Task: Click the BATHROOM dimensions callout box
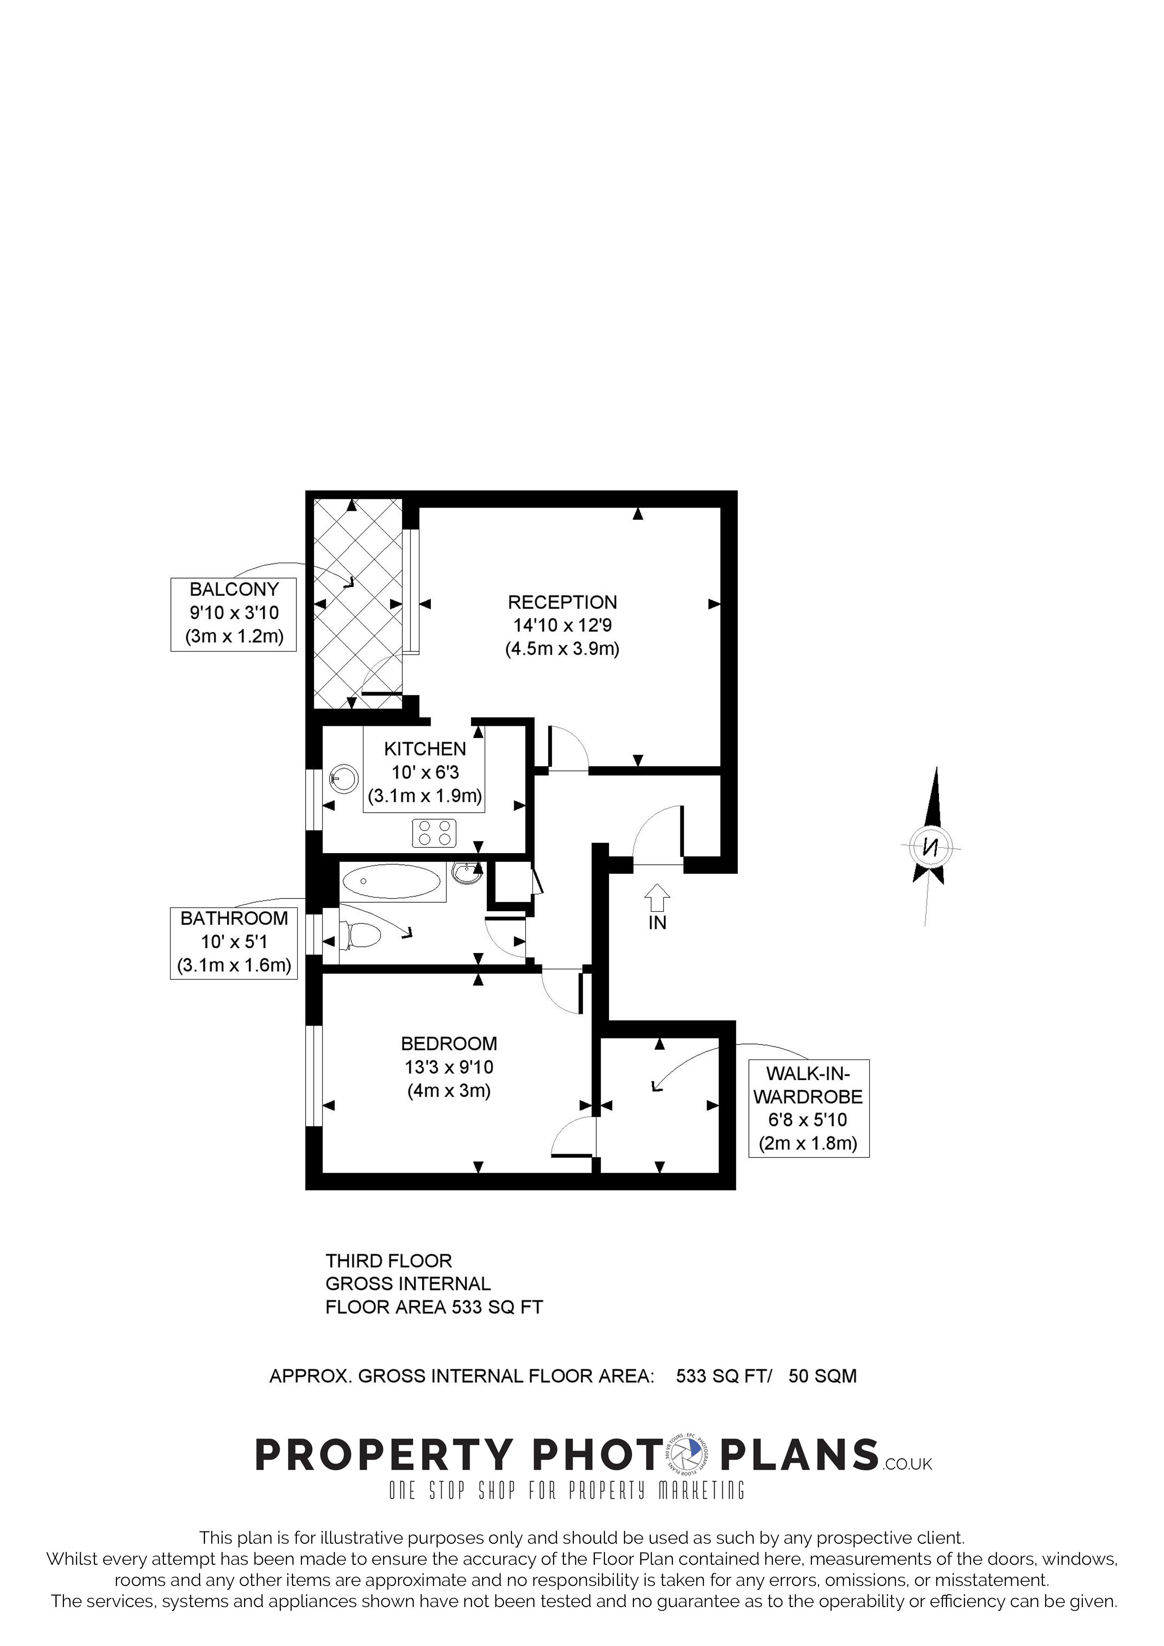click(234, 943)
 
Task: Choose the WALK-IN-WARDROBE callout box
click(808, 1108)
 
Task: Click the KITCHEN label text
click(425, 749)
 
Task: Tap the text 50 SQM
click(823, 1377)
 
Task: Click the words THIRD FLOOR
click(389, 1261)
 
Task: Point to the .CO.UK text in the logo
click(908, 1464)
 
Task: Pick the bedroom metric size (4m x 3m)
click(449, 1090)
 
